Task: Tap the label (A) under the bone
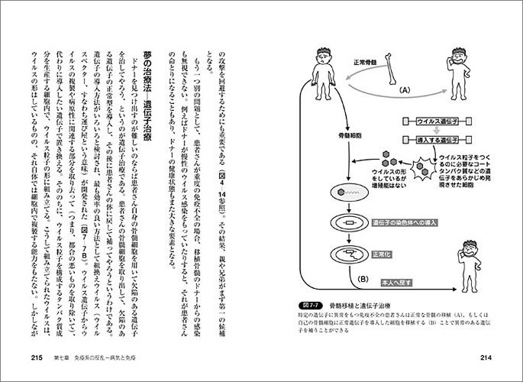(x=405, y=89)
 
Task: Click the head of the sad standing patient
(x=322, y=57)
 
